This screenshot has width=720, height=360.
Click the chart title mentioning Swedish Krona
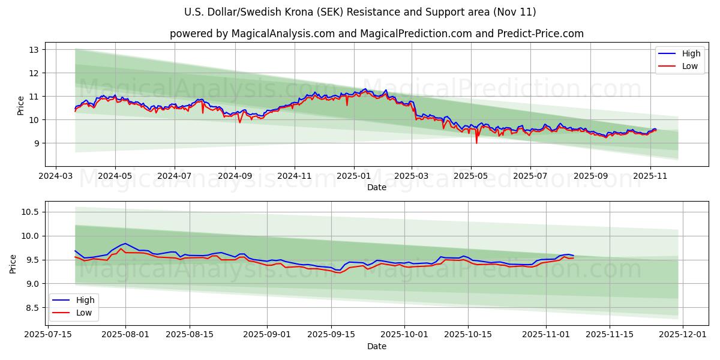coord(359,12)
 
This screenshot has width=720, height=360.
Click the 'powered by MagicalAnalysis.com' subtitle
coord(376,34)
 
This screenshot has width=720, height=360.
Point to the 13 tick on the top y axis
coord(34,49)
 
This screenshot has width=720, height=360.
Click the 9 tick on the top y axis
coord(36,143)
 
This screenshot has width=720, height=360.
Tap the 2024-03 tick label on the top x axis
coord(56,176)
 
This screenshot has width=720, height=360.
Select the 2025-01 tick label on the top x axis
coord(353,176)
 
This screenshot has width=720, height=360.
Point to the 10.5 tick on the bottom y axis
coord(30,212)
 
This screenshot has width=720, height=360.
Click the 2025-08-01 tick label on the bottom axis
coord(125,335)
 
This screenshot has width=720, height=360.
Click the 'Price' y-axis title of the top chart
coord(21,106)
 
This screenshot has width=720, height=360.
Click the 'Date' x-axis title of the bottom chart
coord(376,346)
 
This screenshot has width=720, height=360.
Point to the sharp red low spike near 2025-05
coord(476,142)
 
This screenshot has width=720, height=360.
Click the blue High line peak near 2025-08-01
coord(125,244)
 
